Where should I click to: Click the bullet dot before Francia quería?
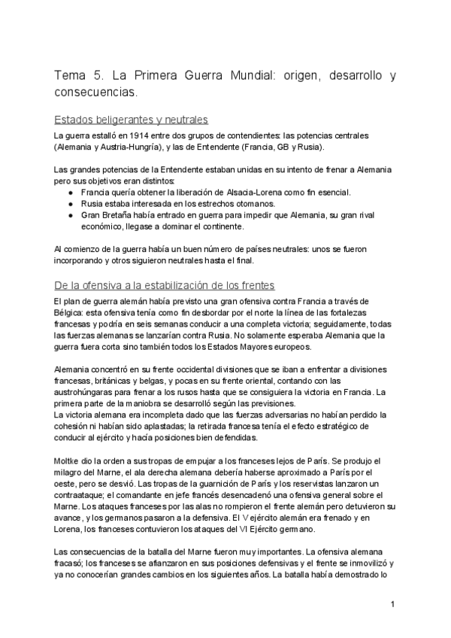70,193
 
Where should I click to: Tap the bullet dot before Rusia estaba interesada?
70,203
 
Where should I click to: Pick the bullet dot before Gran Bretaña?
70,214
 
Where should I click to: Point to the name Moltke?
68,460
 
